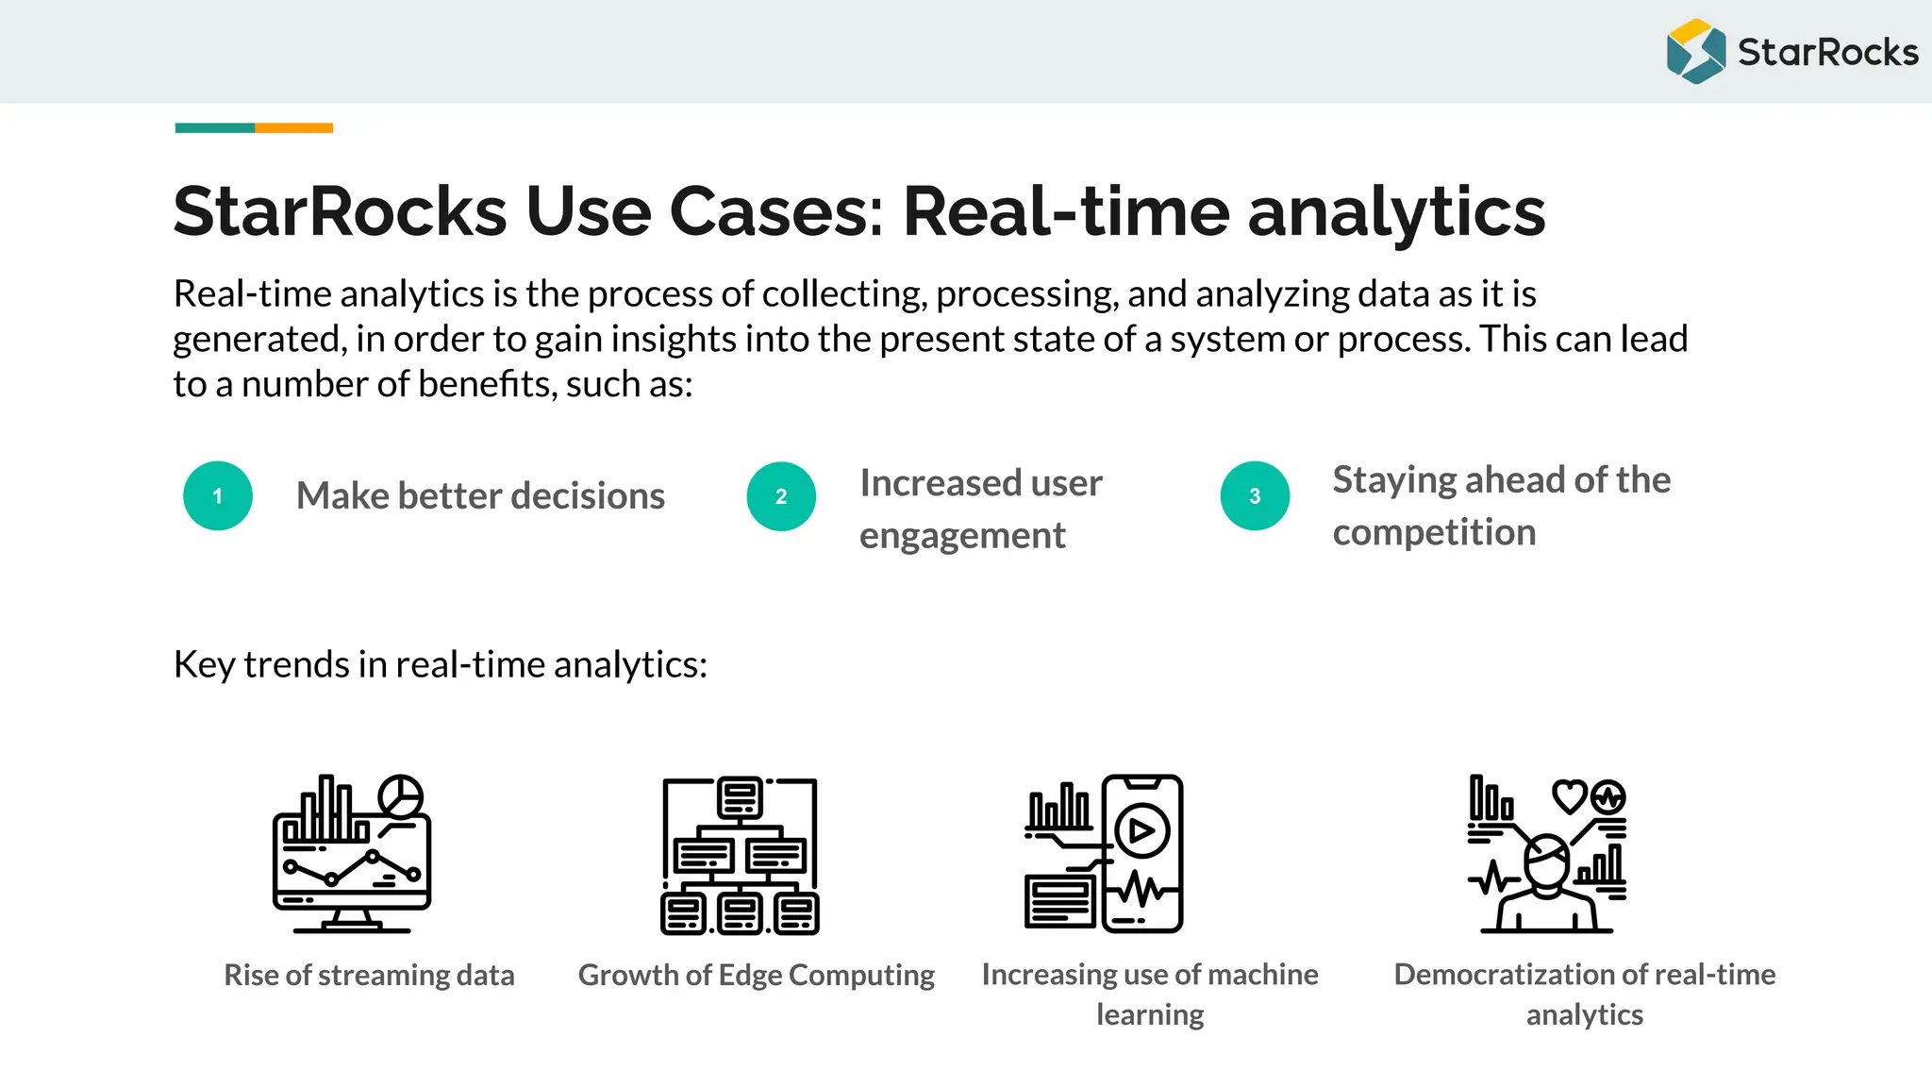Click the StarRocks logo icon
[1695, 52]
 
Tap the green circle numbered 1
[218, 496]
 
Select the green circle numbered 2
[781, 496]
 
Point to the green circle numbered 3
[1255, 496]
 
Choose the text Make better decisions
[480, 496]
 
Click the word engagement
[962, 536]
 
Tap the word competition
[1434, 533]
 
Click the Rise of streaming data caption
[369, 975]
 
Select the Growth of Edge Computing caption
[756, 975]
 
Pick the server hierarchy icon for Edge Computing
[740, 855]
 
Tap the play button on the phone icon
[1141, 831]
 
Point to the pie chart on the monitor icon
[401, 795]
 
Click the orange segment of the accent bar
[293, 127]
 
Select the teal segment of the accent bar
[215, 127]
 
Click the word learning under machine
[1150, 1015]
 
